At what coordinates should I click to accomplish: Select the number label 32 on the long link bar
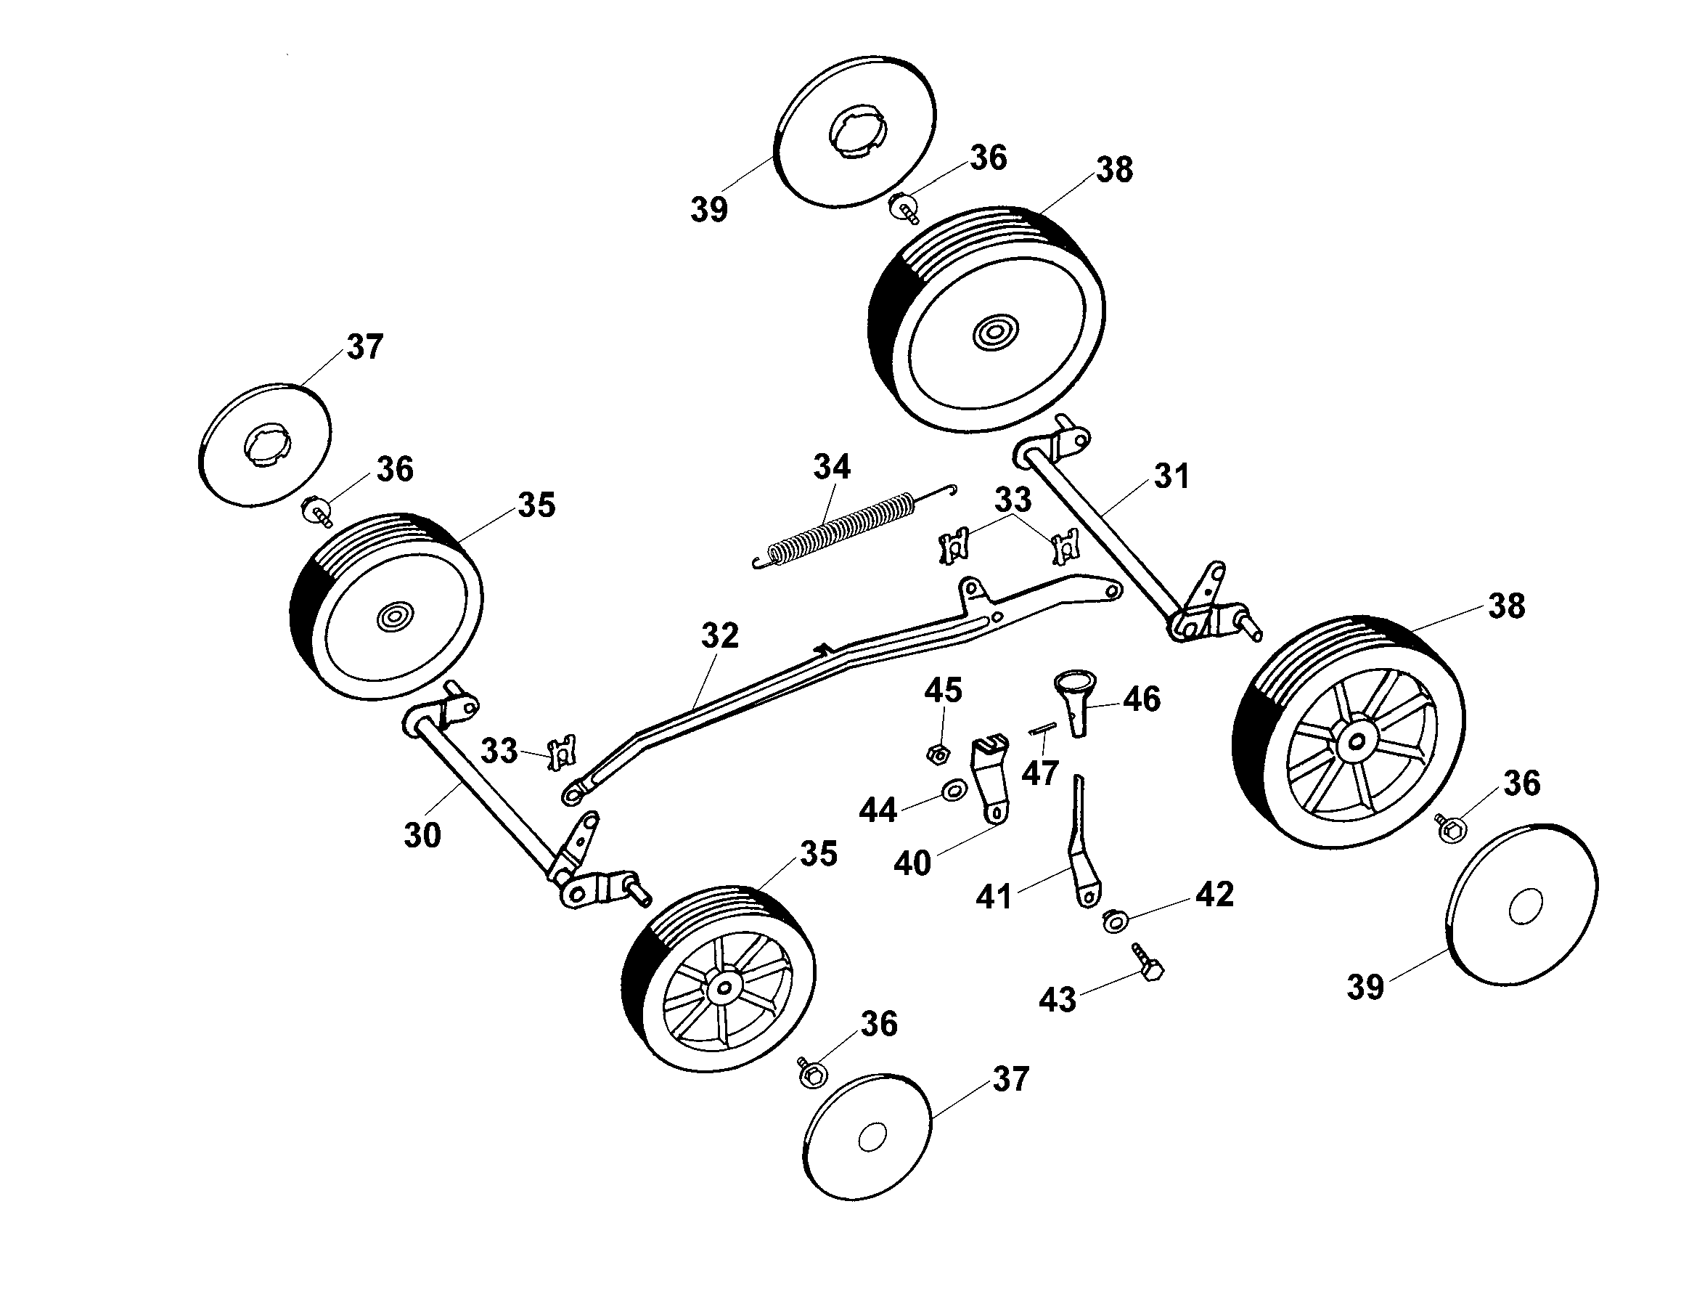click(x=720, y=636)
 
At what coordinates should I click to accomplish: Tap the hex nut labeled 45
click(x=936, y=754)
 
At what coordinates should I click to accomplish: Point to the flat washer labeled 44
click(x=954, y=790)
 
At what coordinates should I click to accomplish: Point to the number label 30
click(x=422, y=835)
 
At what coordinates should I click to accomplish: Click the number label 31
click(x=1171, y=476)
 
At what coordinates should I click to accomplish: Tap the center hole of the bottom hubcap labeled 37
click(x=871, y=1137)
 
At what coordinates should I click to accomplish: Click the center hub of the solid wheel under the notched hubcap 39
click(x=994, y=333)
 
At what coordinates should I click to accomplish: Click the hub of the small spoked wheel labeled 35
click(x=723, y=988)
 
